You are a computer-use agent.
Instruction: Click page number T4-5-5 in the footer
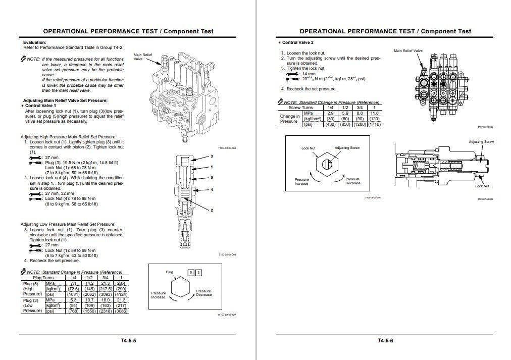pyautogui.click(x=128, y=340)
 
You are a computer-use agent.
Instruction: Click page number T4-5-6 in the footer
pyautogui.click(x=385, y=340)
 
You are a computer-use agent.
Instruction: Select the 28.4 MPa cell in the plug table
pyautogui.click(x=121, y=284)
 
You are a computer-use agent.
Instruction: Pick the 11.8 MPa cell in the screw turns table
pyautogui.click(x=374, y=113)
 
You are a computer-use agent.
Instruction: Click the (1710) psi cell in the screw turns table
pyautogui.click(x=374, y=124)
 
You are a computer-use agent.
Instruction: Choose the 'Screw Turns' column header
pyautogui.click(x=300, y=108)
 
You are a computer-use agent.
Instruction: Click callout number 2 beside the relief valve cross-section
pyautogui.click(x=212, y=210)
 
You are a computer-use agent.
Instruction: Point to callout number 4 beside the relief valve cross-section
pyautogui.click(x=212, y=189)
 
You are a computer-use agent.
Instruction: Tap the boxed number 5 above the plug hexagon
pyautogui.click(x=191, y=273)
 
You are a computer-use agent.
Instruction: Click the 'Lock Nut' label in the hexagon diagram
pyautogui.click(x=308, y=148)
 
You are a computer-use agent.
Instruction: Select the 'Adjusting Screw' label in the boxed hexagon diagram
pyautogui.click(x=347, y=148)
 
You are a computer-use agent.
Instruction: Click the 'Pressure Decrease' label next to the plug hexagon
pyautogui.click(x=203, y=293)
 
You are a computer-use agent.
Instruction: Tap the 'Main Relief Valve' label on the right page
pyautogui.click(x=408, y=51)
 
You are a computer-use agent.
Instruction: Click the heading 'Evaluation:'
pyautogui.click(x=35, y=42)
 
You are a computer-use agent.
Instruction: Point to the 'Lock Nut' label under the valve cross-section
pyautogui.click(x=482, y=186)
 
